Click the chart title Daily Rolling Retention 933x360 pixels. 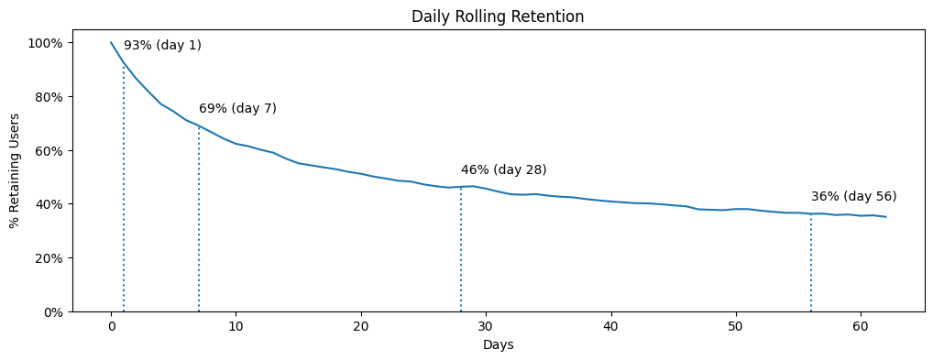[498, 16]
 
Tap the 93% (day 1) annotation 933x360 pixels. [162, 45]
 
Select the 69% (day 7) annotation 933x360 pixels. [237, 108]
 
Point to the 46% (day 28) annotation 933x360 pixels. [503, 169]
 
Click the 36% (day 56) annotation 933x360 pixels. [853, 196]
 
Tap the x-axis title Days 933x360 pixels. [498, 344]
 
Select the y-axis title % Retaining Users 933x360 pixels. [16, 170]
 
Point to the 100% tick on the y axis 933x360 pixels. [45, 43]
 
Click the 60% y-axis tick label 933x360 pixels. [49, 150]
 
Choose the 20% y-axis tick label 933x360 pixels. [49, 258]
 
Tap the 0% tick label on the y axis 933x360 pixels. [52, 312]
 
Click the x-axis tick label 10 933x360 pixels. [236, 326]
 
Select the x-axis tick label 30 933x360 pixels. [486, 326]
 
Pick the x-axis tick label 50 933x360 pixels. [736, 326]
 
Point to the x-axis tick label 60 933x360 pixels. [861, 326]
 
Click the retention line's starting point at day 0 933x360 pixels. [111, 42]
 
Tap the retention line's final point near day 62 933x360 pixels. [885, 217]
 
